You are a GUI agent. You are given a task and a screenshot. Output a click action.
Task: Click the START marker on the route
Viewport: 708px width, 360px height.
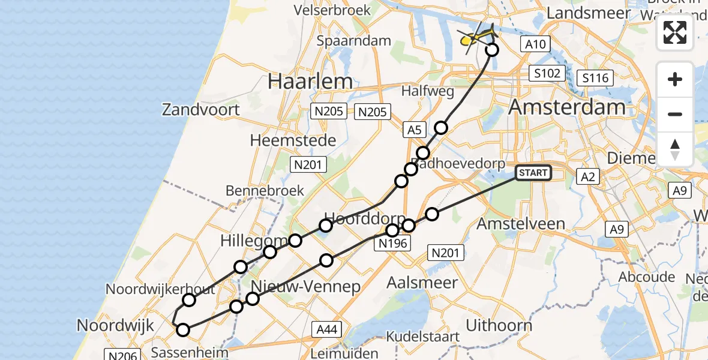click(533, 173)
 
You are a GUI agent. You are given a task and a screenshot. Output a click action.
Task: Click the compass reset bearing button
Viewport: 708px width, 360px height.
click(675, 149)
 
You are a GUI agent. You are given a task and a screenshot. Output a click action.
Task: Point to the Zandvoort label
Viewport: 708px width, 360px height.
click(201, 110)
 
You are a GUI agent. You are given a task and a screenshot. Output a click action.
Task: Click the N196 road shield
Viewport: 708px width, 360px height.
click(393, 243)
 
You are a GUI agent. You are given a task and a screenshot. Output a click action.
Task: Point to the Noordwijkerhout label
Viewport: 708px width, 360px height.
click(160, 289)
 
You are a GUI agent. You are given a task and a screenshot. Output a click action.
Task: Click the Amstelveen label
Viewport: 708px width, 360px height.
click(520, 224)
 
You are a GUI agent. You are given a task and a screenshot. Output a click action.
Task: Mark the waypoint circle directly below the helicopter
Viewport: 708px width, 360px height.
click(491, 50)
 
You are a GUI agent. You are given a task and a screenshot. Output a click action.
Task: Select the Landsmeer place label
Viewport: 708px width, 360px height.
click(589, 13)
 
